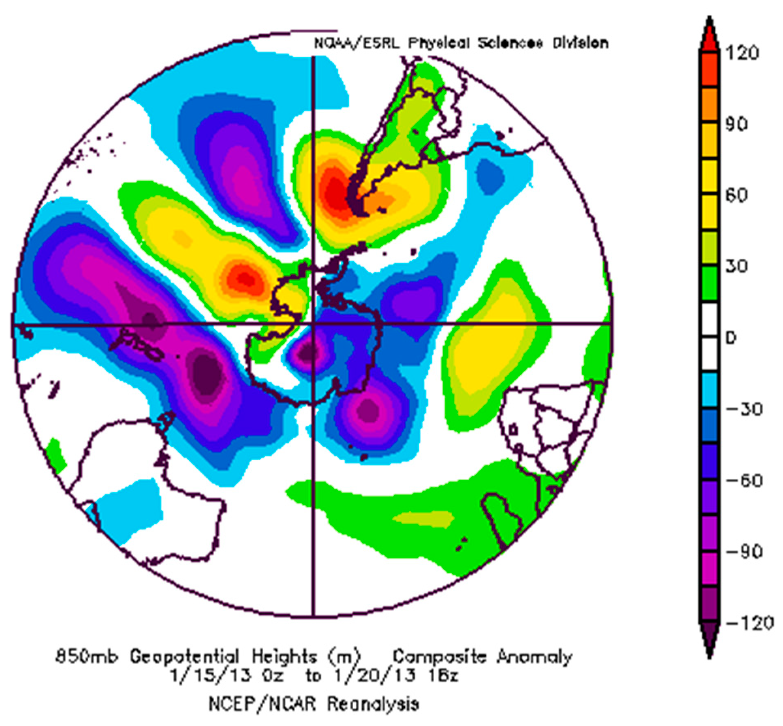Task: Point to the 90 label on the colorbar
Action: [737, 124]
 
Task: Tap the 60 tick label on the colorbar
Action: [737, 195]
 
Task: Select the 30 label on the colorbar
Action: [737, 266]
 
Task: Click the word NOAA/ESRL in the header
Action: [356, 43]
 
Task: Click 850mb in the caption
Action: [87, 658]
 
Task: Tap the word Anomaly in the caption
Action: [534, 658]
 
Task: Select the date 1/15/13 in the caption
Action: [209, 676]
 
